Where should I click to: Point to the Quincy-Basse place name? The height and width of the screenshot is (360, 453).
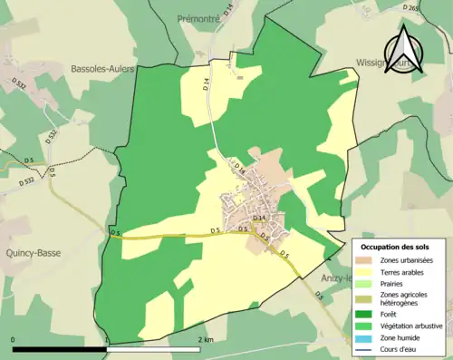(32, 253)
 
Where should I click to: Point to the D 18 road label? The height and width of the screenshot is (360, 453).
(240, 168)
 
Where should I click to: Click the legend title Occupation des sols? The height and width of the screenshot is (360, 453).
(400, 247)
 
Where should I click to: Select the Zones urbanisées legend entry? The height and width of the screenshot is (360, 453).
(407, 261)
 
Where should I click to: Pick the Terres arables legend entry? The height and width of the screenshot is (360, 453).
(406, 273)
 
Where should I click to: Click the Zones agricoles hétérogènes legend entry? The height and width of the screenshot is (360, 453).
(406, 300)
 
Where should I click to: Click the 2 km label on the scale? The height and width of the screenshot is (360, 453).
(206, 340)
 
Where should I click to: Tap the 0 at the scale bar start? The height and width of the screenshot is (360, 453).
(13, 340)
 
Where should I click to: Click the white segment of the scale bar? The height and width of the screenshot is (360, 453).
(155, 349)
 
